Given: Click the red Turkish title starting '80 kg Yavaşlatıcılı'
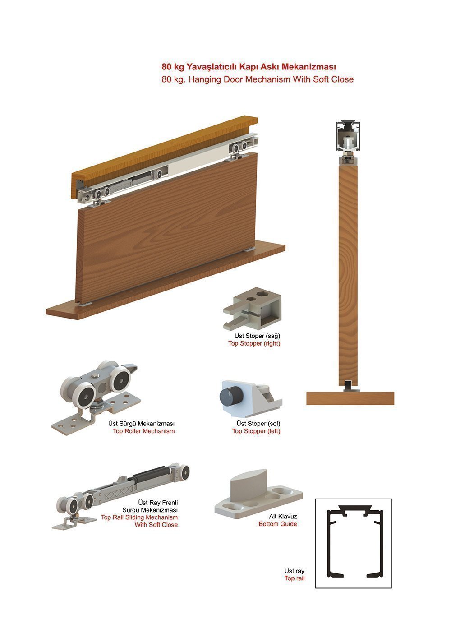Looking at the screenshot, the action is point(249,67).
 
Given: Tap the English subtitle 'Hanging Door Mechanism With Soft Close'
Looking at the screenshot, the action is point(271,79).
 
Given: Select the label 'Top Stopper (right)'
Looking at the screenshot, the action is point(254,344).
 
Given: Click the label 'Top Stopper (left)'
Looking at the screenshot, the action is point(256,431).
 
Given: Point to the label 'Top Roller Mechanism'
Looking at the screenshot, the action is point(143,431).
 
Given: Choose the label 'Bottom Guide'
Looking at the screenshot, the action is point(278,524).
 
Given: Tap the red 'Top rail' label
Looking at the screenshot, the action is point(294,578).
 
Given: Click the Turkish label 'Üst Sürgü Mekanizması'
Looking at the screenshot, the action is point(141,424).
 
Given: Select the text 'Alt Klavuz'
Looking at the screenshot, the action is point(283,516).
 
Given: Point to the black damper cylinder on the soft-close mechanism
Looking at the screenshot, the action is point(151,475).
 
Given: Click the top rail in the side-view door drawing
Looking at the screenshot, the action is point(348,135).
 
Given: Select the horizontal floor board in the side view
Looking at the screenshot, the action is point(350,398).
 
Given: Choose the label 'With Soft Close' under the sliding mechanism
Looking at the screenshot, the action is point(156,525).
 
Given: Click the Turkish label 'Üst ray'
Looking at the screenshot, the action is point(294,571).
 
